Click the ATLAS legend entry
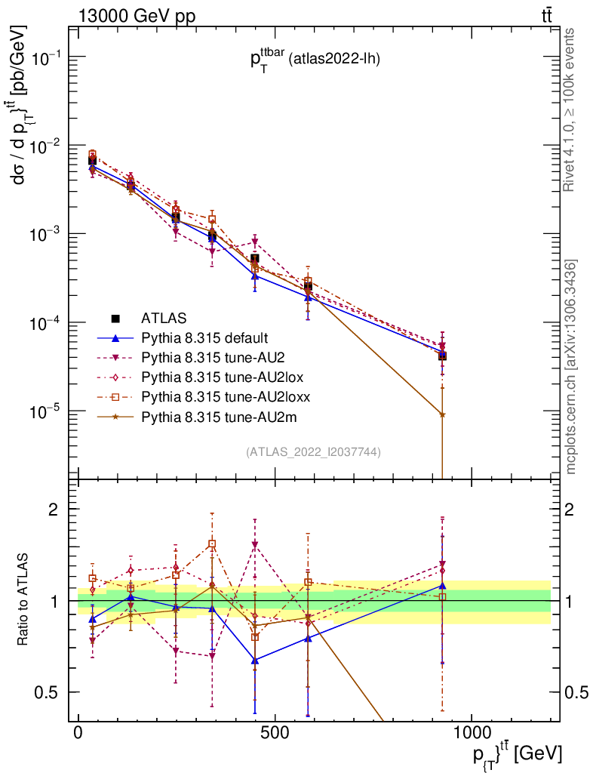click(x=162, y=318)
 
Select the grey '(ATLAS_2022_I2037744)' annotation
click(x=313, y=452)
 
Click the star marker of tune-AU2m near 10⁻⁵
click(x=442, y=414)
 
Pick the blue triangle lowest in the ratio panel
click(x=255, y=661)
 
